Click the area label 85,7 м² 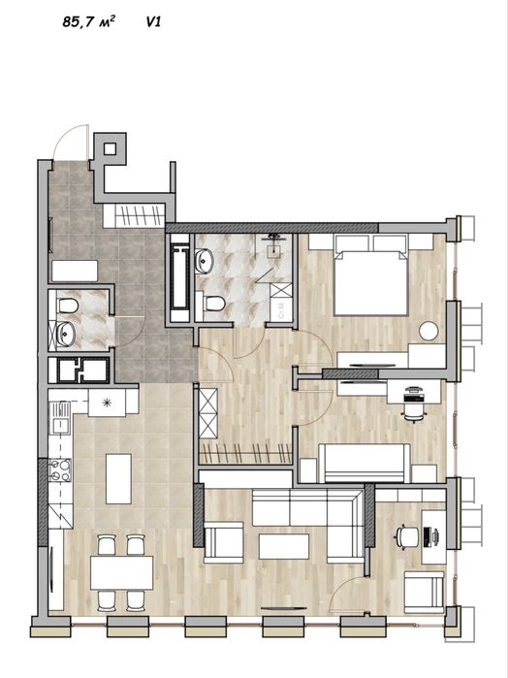coord(88,21)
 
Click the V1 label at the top coord(153,22)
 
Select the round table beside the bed coord(429,331)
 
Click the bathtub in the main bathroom coord(179,277)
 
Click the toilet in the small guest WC coord(68,306)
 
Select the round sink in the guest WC coord(66,335)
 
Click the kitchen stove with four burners coord(60,470)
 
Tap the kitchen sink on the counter coord(60,418)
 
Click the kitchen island coord(118,478)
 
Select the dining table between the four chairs coord(121,572)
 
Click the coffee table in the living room coord(284,546)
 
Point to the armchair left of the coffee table coord(224,542)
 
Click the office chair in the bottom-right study coord(406,537)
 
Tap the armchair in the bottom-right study coord(424,592)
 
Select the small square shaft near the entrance coord(110,149)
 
